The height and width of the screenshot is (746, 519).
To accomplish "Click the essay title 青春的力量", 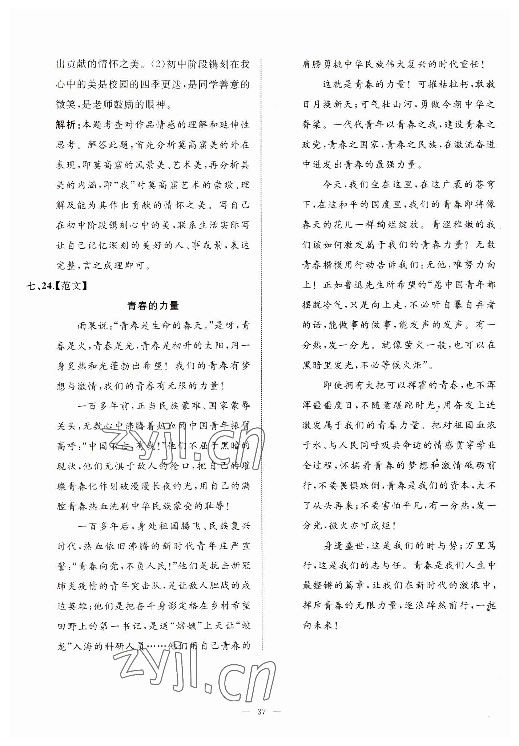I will pyautogui.click(x=153, y=306).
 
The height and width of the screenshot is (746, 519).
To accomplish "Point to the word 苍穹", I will pyautogui.click(x=485, y=184).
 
